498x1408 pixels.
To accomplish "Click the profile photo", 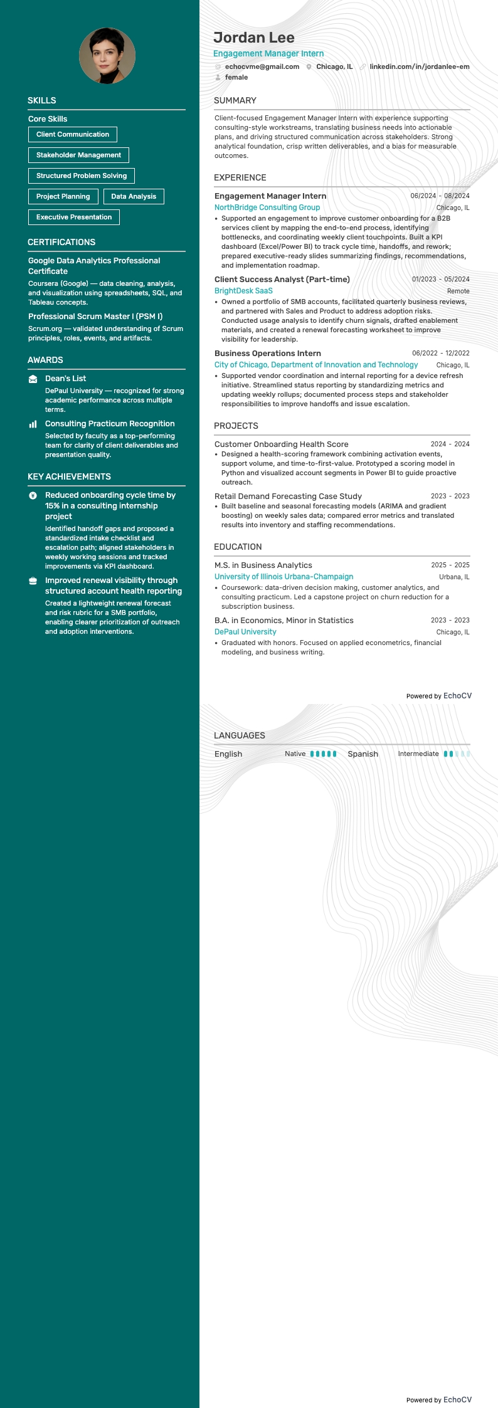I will [x=107, y=56].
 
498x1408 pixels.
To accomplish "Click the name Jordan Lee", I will [x=254, y=38].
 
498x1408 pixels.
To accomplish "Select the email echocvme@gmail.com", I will [x=262, y=66].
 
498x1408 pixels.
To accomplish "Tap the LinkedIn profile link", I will [x=419, y=66].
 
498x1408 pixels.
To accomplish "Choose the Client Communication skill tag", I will [x=73, y=134].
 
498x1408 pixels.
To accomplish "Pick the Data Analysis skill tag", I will [x=134, y=196].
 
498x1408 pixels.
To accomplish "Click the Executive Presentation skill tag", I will [x=74, y=217].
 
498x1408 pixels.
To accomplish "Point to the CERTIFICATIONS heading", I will [x=61, y=242].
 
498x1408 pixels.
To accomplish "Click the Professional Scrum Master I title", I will [x=95, y=317].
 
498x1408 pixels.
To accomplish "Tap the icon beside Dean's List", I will [x=33, y=379].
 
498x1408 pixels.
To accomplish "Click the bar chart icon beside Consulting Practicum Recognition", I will [x=33, y=424].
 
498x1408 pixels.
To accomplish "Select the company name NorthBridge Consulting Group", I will [x=267, y=208].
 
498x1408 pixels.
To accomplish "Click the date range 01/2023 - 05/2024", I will [x=440, y=280].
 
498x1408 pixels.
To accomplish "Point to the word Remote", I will [x=458, y=292].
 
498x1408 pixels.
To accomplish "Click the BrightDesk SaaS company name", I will [x=243, y=291].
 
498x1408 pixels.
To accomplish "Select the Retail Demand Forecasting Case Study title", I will [x=288, y=496].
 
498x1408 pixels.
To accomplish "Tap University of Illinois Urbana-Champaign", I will [x=283, y=577].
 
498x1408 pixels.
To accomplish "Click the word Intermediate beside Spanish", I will [x=418, y=754].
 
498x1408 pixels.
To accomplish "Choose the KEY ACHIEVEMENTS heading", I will [x=69, y=476].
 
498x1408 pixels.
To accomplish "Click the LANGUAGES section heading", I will [x=240, y=735].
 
